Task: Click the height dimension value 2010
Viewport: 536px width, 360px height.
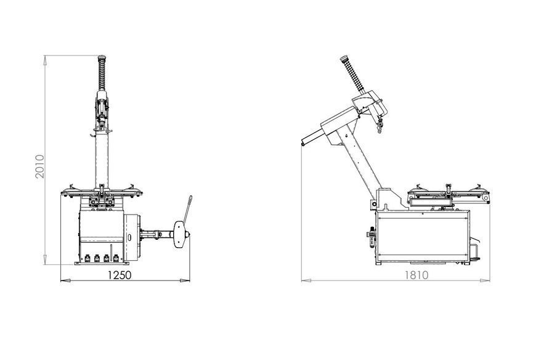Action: click(40, 166)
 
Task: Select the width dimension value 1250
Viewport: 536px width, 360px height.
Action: click(120, 275)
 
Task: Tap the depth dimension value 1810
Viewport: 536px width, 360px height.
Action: click(416, 275)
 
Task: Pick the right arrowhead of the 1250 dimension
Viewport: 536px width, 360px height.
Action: click(185, 280)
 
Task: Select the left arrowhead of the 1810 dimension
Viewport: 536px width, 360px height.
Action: click(306, 280)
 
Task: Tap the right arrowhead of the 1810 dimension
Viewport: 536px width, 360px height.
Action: click(485, 280)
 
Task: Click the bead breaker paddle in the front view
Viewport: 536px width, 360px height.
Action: click(179, 234)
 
